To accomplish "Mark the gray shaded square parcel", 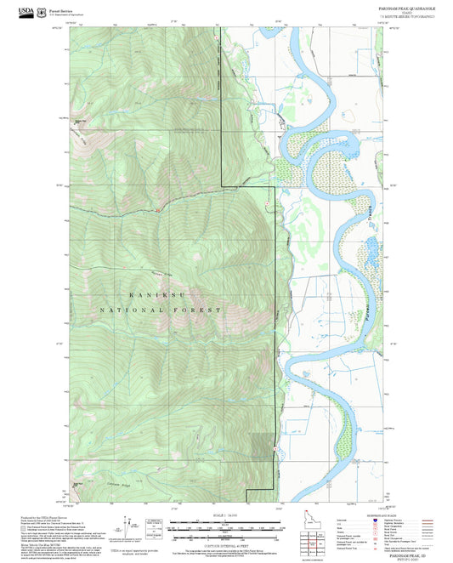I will point(263,447).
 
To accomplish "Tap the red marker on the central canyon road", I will point(158,210).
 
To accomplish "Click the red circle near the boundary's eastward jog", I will point(269,201).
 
